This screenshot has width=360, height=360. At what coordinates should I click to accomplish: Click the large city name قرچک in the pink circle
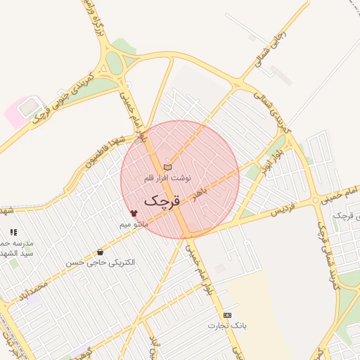tap(162, 200)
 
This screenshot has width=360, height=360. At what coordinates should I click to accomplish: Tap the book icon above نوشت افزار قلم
tap(167, 167)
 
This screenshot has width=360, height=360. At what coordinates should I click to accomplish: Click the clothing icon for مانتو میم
tap(134, 212)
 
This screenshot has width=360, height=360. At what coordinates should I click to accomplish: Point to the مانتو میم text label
tap(132, 224)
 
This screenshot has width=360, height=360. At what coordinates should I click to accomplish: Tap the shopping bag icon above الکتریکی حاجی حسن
tap(100, 252)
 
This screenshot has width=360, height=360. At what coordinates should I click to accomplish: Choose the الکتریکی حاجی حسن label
tap(101, 262)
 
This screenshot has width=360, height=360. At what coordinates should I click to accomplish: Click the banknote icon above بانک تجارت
tap(227, 315)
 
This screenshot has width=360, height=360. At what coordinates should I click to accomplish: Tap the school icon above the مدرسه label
tap(13, 231)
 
